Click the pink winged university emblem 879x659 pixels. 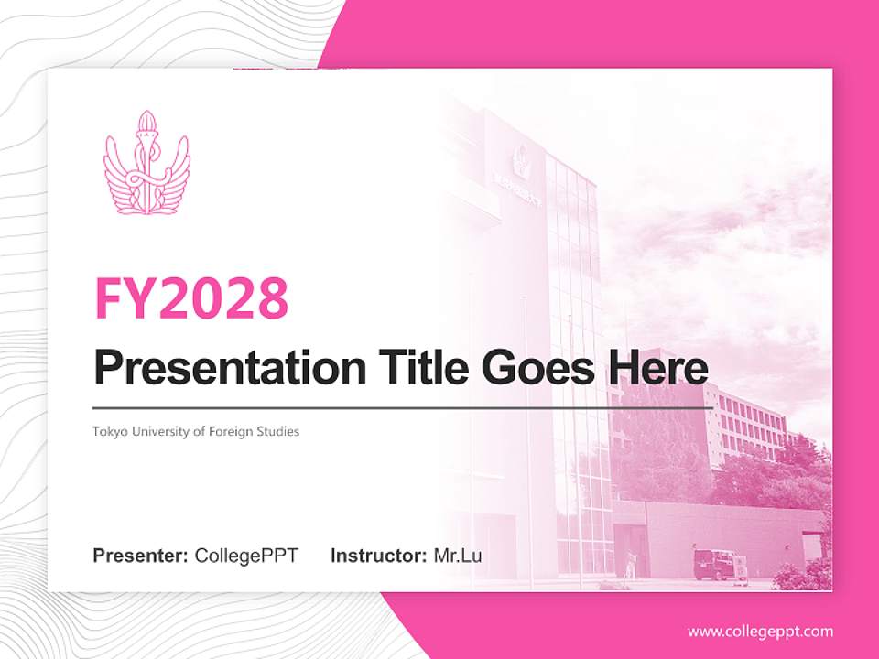[x=146, y=165]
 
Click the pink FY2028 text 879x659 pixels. [x=191, y=298]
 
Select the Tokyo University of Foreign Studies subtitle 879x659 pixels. [x=196, y=431]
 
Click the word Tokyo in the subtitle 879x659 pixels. [x=109, y=431]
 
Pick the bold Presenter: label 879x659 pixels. [x=141, y=556]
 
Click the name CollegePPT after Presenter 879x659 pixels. [x=246, y=556]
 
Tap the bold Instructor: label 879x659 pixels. [x=378, y=556]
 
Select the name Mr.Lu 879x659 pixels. [x=458, y=556]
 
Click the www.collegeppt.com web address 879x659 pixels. [x=760, y=632]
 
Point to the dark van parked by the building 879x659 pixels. [x=713, y=564]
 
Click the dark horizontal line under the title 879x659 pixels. [x=403, y=407]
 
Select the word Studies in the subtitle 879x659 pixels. [x=279, y=431]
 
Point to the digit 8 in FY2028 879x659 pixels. [x=272, y=298]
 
